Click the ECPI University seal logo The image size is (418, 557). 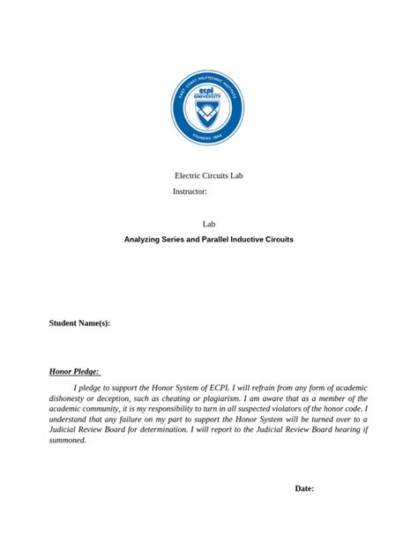208,108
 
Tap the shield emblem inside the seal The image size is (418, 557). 208,114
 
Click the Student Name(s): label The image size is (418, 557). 79,323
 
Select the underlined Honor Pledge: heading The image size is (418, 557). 74,372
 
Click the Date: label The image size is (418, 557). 303,488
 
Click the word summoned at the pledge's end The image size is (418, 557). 67,440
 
